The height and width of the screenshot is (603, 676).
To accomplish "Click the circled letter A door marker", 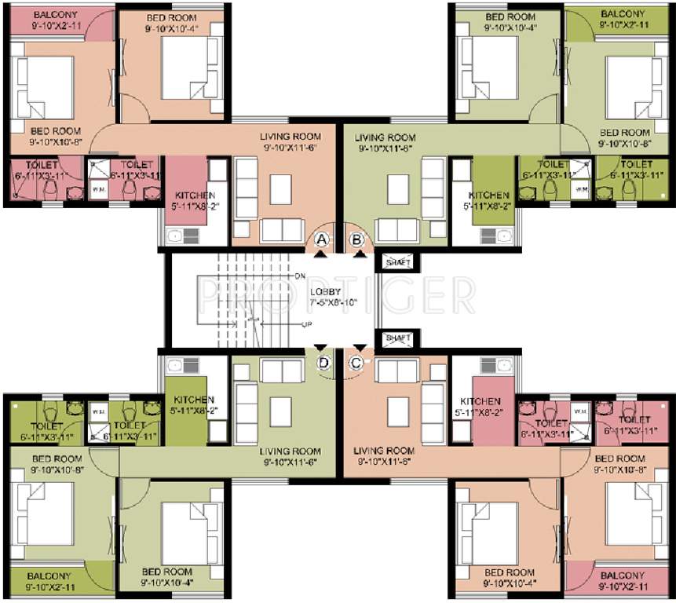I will [x=320, y=239].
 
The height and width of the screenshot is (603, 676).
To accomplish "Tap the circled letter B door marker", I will [x=357, y=239].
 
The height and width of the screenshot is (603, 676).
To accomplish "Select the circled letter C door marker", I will [x=357, y=362].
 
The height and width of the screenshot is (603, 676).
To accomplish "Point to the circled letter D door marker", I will [x=322, y=362].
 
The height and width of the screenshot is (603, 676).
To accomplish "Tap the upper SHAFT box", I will [x=397, y=261].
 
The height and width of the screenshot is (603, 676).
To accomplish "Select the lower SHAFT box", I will [x=397, y=338].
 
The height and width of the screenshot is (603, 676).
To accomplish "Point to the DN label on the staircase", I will [x=300, y=276].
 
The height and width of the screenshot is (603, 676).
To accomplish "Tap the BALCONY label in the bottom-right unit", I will [x=621, y=576].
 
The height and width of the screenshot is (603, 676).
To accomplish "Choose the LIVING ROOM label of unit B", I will [x=386, y=137].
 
